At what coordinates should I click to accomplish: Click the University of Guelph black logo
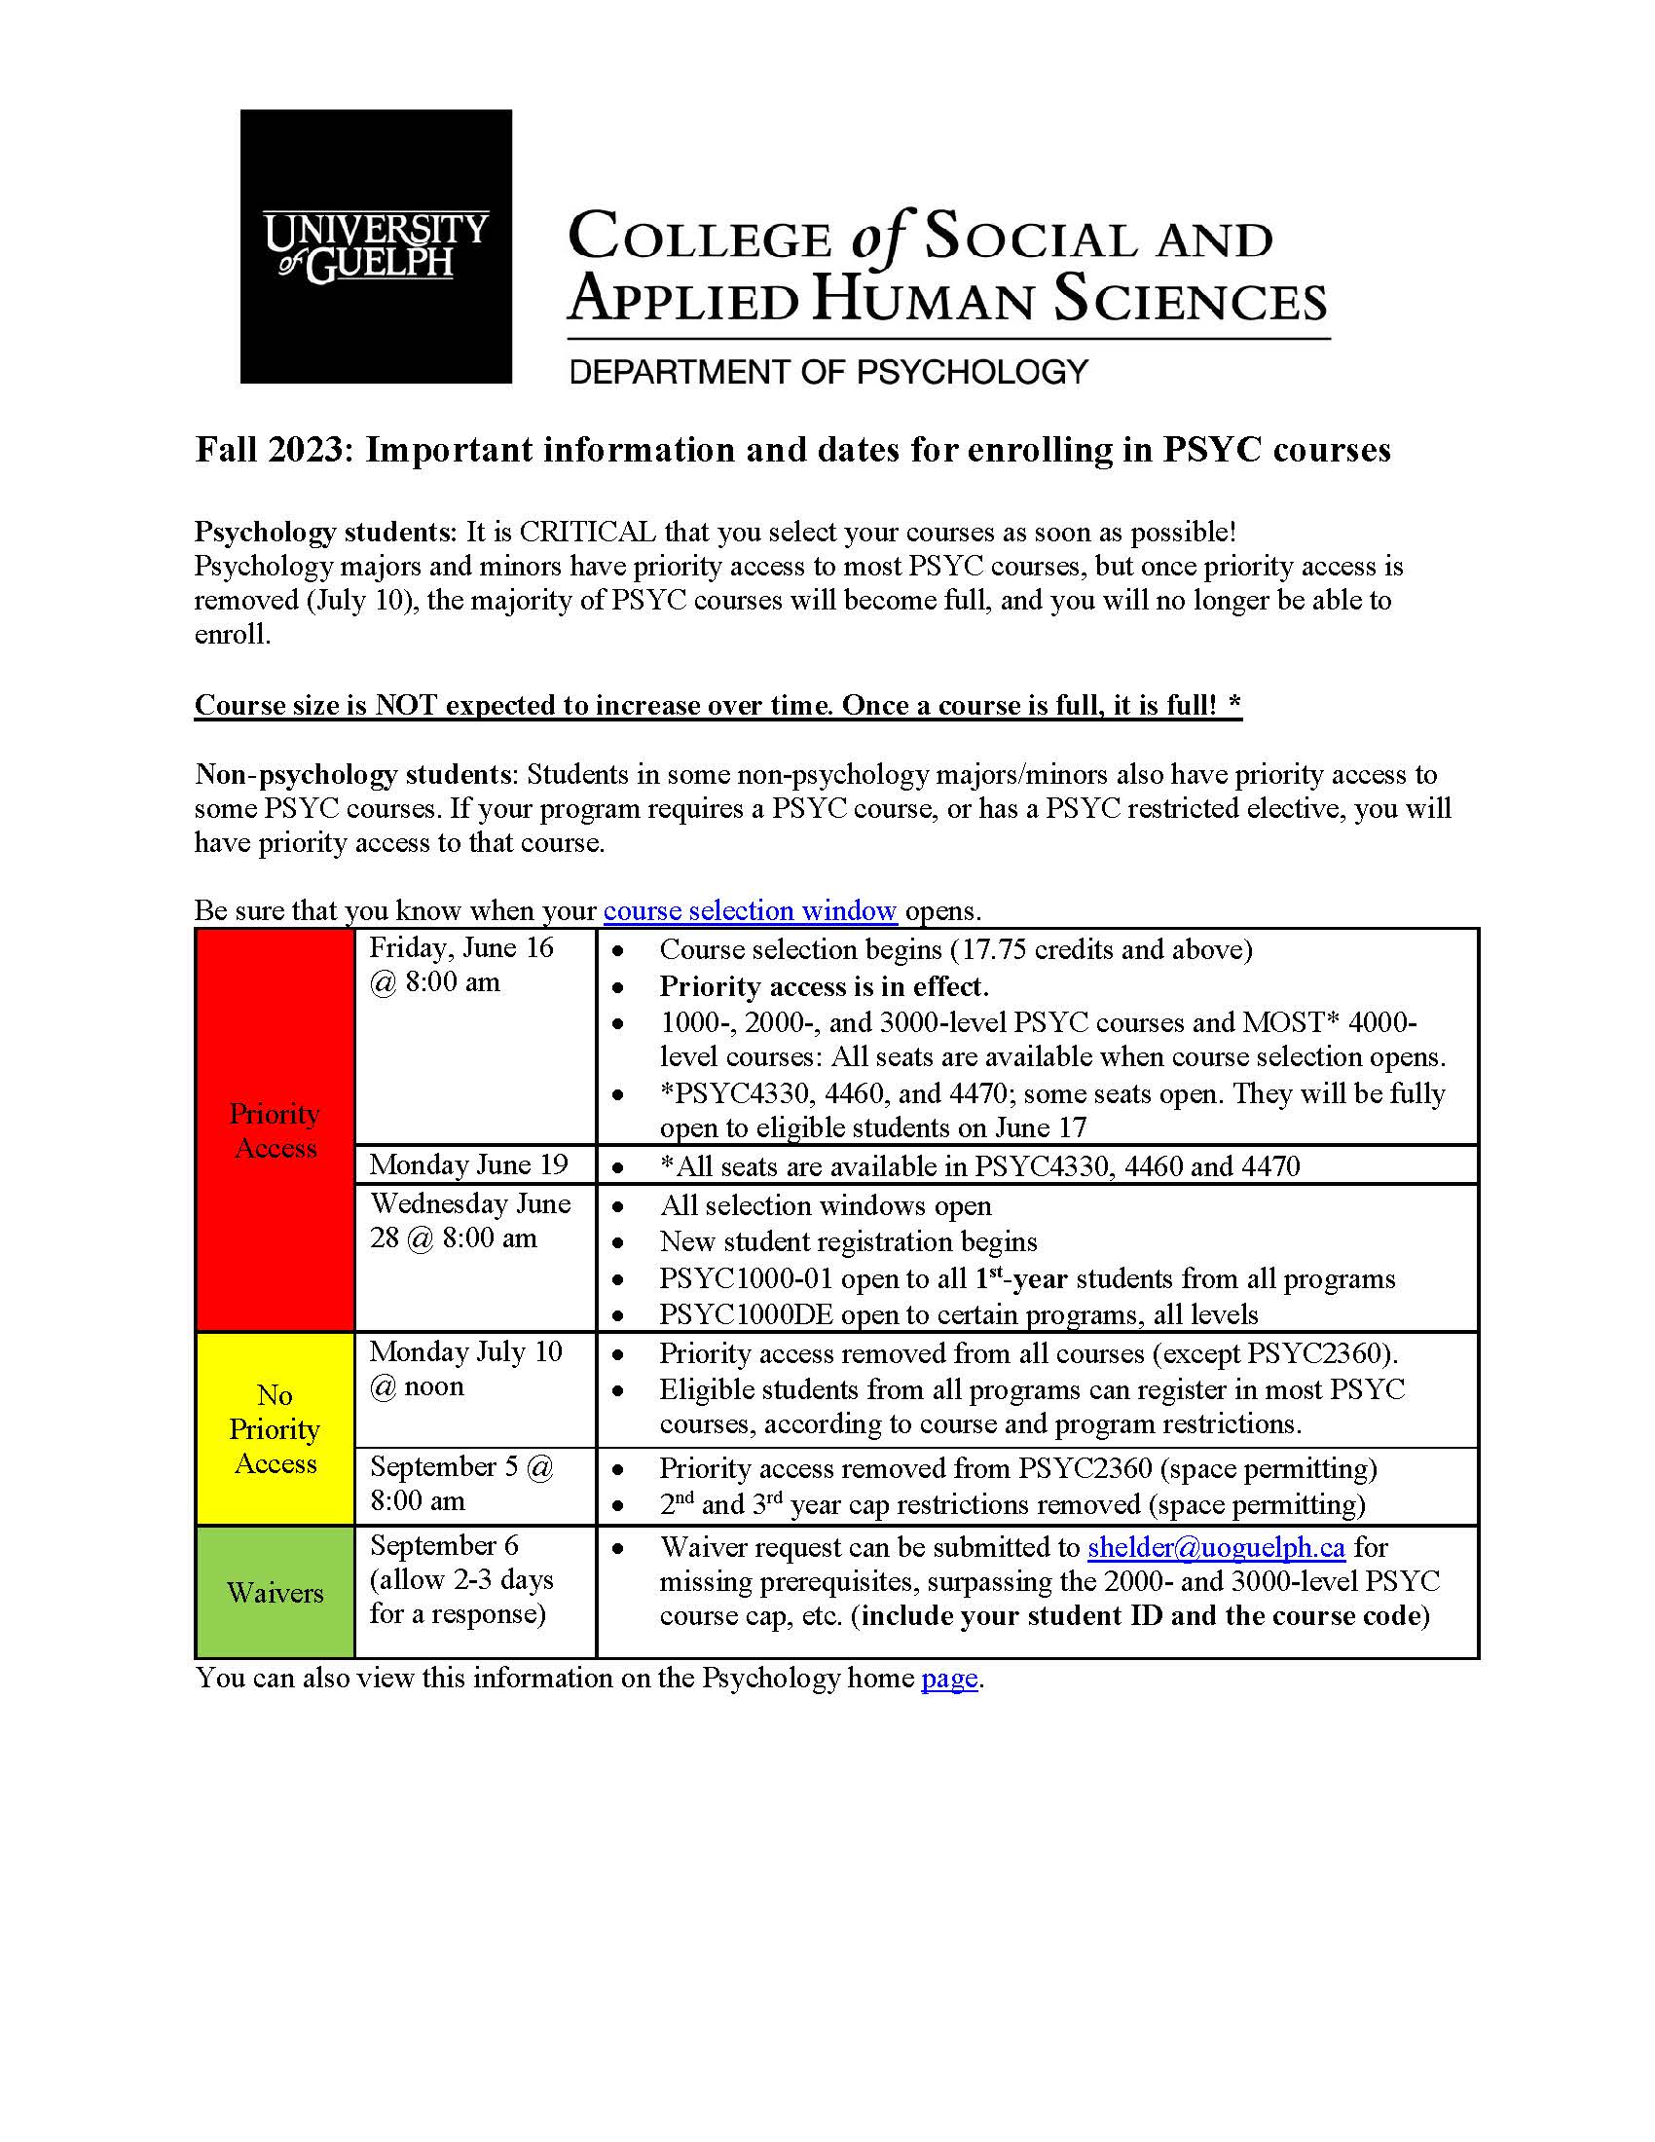click(376, 245)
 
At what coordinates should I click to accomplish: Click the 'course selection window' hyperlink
click(749, 910)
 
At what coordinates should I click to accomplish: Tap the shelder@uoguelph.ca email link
click(1216, 1547)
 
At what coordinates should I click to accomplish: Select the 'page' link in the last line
click(948, 1679)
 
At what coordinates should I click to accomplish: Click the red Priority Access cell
click(275, 1129)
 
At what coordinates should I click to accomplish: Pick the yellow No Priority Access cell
click(275, 1428)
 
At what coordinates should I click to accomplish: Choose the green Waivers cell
click(275, 1592)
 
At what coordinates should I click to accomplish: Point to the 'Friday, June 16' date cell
click(460, 948)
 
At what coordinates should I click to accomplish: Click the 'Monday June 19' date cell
click(468, 1164)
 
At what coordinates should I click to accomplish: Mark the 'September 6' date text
click(444, 1546)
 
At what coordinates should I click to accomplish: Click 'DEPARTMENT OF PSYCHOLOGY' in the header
click(828, 372)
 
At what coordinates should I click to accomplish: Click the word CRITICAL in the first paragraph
click(587, 533)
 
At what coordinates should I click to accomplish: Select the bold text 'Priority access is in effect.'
click(824, 985)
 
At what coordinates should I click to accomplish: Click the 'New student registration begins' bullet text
click(848, 1241)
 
